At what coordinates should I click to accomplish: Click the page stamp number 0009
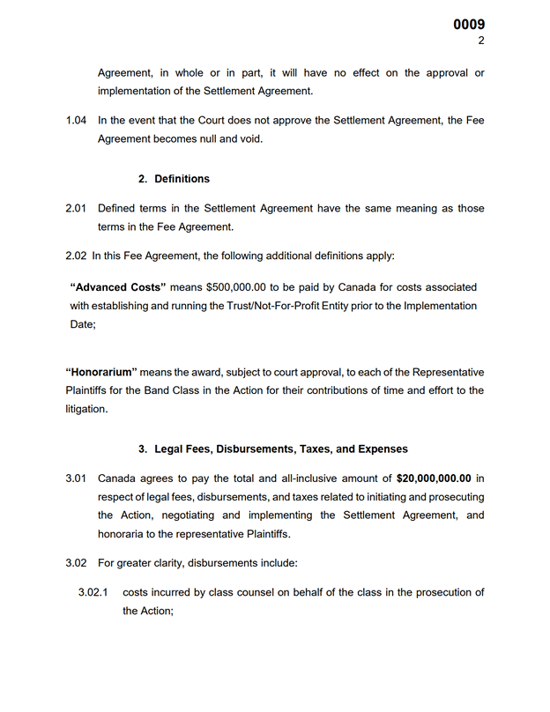click(469, 25)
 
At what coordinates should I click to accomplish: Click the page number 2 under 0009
click(481, 41)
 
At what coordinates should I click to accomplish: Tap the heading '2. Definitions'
click(174, 179)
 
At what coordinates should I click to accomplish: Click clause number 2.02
click(76, 256)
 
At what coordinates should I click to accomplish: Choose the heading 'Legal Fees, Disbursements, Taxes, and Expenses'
click(272, 449)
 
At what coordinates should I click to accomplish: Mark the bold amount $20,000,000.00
click(434, 479)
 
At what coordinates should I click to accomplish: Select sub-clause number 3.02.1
click(93, 593)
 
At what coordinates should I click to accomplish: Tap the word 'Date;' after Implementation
click(83, 324)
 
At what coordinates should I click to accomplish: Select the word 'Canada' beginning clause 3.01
click(116, 479)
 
